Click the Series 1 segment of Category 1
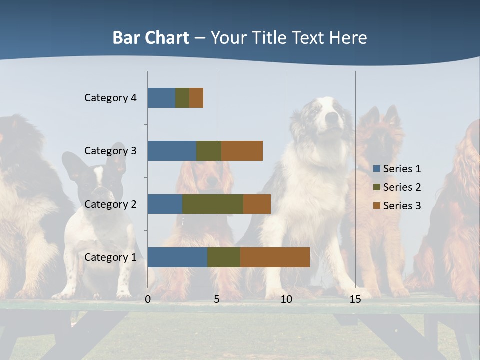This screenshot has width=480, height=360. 177,257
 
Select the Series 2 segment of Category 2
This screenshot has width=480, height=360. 213,204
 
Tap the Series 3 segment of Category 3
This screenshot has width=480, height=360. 242,151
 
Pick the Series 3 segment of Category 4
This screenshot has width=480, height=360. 196,98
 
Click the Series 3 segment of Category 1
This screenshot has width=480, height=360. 275,257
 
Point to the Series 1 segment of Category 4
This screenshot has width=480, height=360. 161,98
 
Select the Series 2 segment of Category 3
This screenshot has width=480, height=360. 209,151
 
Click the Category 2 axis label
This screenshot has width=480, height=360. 110,204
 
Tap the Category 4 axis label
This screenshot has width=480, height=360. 110,98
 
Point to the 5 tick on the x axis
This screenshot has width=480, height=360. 217,299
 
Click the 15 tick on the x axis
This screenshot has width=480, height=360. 355,299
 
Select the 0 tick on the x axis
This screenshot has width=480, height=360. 148,299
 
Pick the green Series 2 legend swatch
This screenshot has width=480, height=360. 376,187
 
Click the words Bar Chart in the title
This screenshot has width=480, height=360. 151,38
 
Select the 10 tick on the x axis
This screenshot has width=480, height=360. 286,299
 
